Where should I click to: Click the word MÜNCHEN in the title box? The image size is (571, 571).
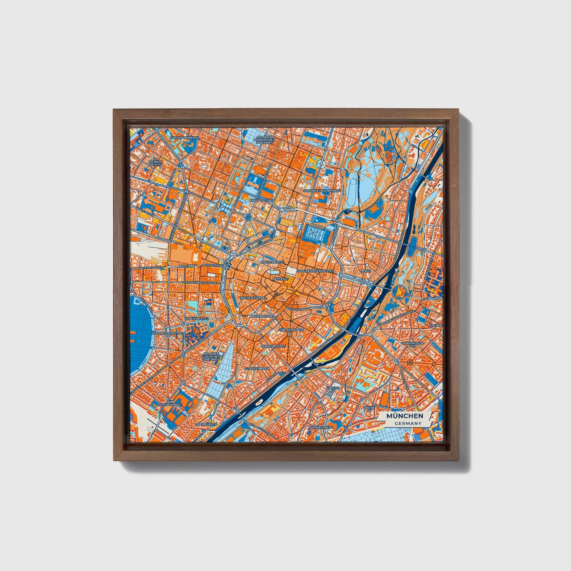point(405,416)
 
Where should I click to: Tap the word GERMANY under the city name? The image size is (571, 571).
point(408,423)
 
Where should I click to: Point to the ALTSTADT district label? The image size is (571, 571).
point(281,279)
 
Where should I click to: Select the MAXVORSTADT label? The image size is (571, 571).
point(262,200)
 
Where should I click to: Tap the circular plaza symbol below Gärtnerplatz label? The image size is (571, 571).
point(290,335)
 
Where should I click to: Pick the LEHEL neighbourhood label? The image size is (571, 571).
point(366,271)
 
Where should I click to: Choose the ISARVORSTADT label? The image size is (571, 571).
point(273,346)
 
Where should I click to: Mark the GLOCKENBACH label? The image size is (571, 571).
point(257,368)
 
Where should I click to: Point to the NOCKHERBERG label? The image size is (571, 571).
point(320,427)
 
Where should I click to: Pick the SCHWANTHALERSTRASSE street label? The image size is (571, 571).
point(200,283)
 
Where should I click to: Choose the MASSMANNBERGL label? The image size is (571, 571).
point(184,138)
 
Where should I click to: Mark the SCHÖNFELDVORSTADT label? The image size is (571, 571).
point(322,191)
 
